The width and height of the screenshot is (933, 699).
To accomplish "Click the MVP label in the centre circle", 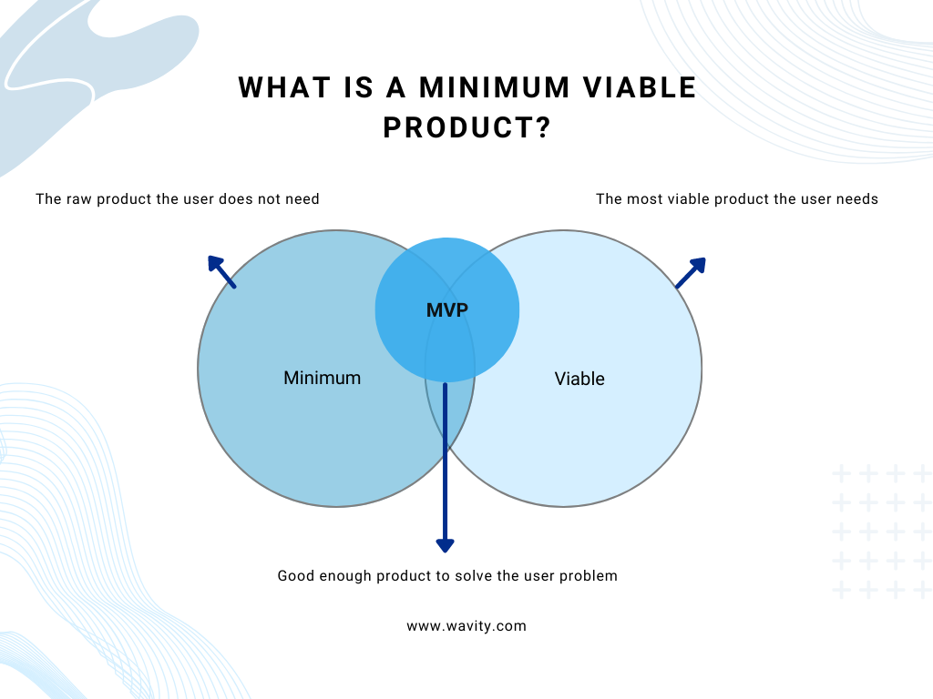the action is (x=446, y=310).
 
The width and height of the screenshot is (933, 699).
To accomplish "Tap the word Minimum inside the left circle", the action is (x=322, y=378).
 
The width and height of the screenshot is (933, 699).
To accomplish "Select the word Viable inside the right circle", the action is (x=579, y=379).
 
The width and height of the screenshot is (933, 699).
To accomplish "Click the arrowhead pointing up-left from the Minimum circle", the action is (x=216, y=264).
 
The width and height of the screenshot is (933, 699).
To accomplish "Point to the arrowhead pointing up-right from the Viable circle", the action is (x=697, y=266).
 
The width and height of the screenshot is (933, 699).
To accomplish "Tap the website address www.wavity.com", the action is (x=466, y=626).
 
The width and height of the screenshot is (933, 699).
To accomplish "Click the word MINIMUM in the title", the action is (x=494, y=88).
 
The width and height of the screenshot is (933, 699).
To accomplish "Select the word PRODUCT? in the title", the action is (x=467, y=128).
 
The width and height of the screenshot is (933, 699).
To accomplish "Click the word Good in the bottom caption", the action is (x=295, y=575).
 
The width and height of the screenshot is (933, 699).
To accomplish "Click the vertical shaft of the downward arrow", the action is (x=445, y=455).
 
